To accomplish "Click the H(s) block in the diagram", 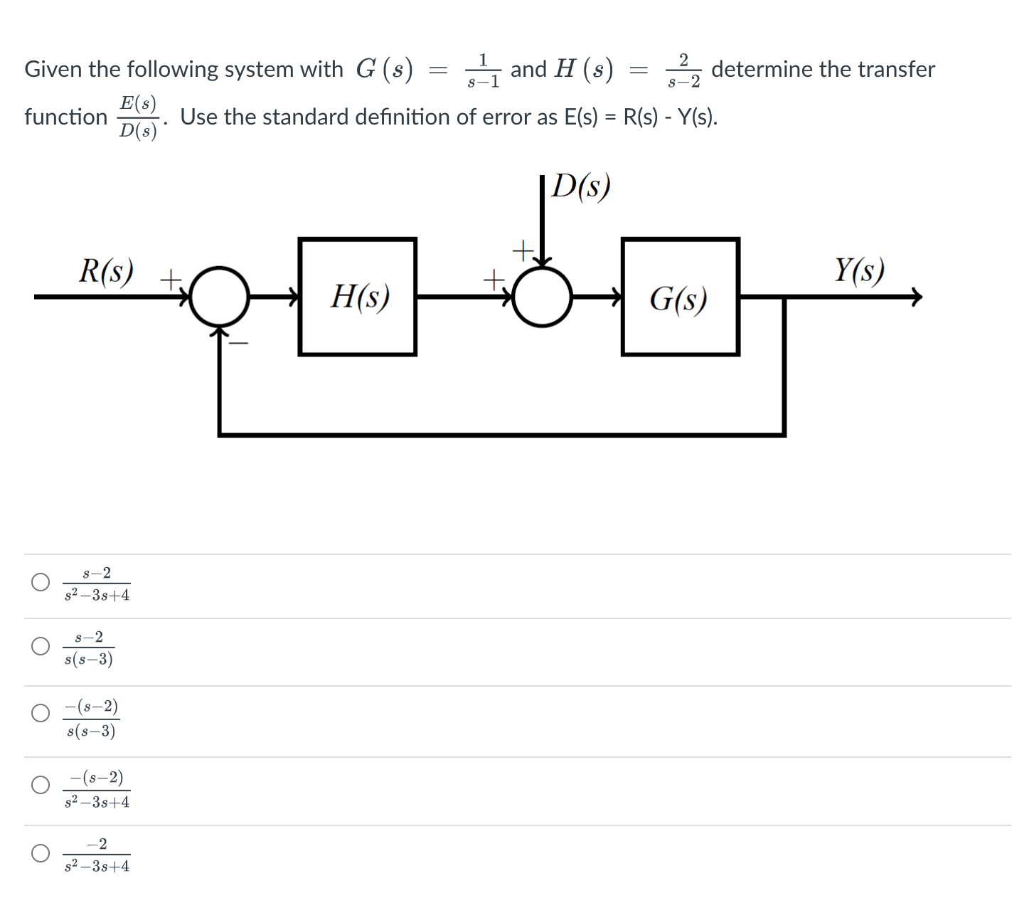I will pos(358,297).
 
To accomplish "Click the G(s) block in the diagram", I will pos(680,297).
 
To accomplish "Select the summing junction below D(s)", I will pos(543,297).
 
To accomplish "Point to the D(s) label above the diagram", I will pos(582,186).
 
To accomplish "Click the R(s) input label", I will pos(106,270).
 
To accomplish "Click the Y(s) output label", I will pos(859,270).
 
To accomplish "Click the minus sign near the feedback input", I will pos(240,344).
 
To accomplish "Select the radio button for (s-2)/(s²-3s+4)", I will pos(41,582).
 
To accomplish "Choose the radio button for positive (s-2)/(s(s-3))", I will pos(41,646).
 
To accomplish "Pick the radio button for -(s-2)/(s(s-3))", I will pos(41,713).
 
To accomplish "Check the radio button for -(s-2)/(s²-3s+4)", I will pos(41,785).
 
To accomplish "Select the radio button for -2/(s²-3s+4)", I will pos(41,852).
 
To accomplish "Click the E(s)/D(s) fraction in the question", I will pos(139,117).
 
